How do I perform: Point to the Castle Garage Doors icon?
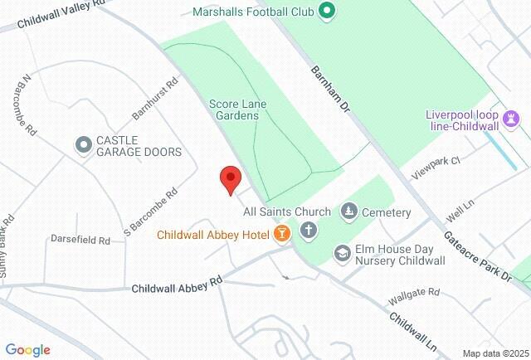coord(83,145)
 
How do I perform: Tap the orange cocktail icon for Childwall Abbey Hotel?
coord(282,235)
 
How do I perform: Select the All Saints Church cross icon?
coord(309,230)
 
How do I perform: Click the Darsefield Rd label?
coord(80,241)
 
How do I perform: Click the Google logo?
coord(27,349)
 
